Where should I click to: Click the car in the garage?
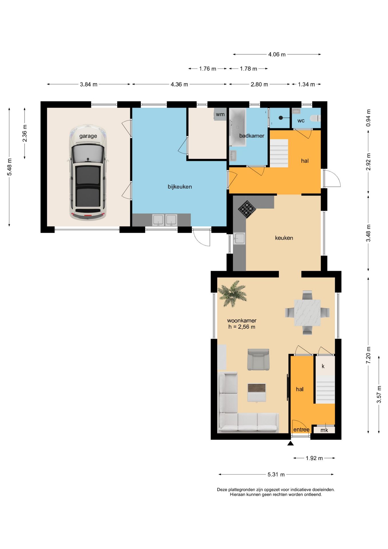click(x=88, y=172)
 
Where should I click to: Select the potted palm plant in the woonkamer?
click(x=232, y=293)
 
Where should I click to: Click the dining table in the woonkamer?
click(x=307, y=313)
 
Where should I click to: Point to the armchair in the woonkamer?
click(x=258, y=359)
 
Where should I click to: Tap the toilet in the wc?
click(x=316, y=118)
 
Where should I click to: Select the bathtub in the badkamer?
click(x=238, y=127)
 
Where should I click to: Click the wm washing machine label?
click(x=220, y=114)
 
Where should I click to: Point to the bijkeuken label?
click(x=180, y=187)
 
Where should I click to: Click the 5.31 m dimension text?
click(x=276, y=474)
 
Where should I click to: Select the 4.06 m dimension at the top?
click(x=277, y=54)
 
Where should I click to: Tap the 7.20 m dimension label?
click(x=368, y=355)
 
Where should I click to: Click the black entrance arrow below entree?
click(x=291, y=443)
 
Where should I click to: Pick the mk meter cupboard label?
click(x=324, y=430)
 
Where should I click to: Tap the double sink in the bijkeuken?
click(x=165, y=220)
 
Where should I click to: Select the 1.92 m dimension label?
click(x=314, y=458)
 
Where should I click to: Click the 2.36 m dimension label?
click(x=25, y=133)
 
